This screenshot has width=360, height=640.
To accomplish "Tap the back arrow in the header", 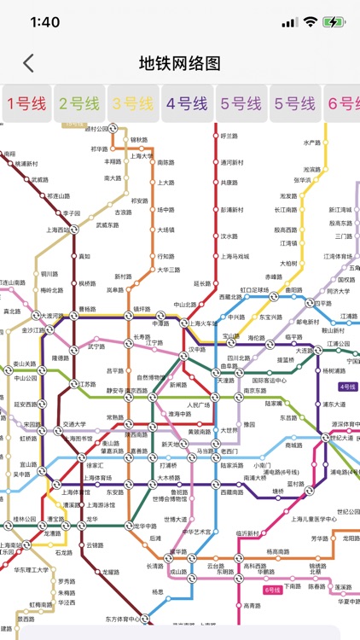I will (29, 63).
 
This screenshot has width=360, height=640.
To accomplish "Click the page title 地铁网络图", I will (180, 63).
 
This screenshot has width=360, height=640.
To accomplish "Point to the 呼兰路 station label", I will (229, 136).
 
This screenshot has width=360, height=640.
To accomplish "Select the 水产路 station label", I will (312, 143).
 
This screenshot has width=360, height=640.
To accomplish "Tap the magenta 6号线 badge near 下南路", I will (272, 590).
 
